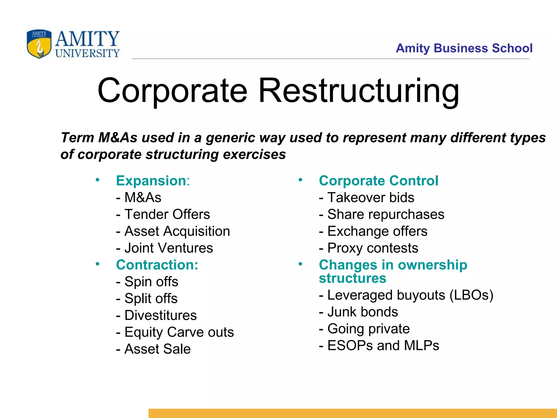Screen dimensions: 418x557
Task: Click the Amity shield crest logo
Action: coord(39,44)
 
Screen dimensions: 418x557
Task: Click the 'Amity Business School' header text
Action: coord(464,48)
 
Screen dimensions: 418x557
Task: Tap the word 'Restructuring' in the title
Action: coord(359,91)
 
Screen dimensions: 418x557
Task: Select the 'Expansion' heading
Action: coord(151,181)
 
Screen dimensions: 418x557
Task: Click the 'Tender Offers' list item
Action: coord(167,214)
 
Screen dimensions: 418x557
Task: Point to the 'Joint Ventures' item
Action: coord(168,248)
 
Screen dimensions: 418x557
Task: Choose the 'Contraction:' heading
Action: coord(157,265)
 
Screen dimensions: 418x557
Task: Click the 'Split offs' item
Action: coord(151,299)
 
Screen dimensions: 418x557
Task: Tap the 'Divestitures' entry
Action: coord(160,315)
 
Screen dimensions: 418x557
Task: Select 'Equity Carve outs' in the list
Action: coord(179,332)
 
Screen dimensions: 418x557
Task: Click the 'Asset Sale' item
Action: coord(157,349)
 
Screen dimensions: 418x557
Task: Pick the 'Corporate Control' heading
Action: coord(379,181)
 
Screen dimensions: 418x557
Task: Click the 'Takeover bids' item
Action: coord(370,198)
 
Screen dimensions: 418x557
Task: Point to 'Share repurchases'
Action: coord(386,214)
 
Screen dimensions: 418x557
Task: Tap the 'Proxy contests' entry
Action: coord(373,248)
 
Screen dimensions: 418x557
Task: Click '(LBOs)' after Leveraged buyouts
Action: coord(471,295)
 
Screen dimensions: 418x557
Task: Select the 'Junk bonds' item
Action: coord(363,312)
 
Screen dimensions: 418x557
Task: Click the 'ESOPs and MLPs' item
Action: coord(383,346)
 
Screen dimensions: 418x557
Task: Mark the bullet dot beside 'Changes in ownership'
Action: coord(300,264)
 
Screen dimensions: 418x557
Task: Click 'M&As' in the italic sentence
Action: coord(118,138)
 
